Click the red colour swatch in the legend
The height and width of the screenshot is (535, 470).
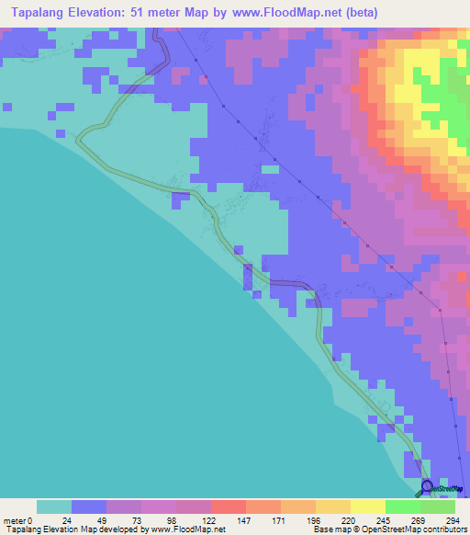click(x=228, y=507)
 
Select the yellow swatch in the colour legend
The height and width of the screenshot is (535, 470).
click(x=367, y=507)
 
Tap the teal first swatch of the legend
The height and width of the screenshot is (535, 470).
click(x=54, y=507)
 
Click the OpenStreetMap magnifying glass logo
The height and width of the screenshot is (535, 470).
click(x=428, y=487)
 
